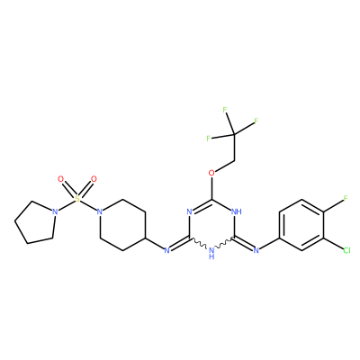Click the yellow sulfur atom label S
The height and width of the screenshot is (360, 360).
click(77, 199)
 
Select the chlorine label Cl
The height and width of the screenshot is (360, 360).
click(346, 250)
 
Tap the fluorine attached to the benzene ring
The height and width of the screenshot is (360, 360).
click(346, 198)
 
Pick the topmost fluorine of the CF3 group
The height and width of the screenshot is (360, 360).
click(225, 110)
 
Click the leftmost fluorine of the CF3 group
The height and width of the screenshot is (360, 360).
click(208, 139)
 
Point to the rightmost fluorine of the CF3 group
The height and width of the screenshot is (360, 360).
click(256, 121)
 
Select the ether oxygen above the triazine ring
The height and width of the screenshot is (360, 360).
click(211, 173)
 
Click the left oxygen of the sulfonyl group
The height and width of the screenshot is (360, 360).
click(61, 179)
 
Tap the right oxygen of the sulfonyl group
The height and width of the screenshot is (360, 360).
click(94, 179)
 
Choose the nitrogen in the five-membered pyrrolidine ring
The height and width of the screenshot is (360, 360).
click(55, 211)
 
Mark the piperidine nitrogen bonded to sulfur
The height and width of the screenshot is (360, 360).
click(100, 211)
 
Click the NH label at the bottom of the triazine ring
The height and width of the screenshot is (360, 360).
click(211, 253)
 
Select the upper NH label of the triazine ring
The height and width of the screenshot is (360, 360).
click(237, 211)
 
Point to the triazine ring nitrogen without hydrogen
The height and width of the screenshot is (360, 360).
click(189, 211)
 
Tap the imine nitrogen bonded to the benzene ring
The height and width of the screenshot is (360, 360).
click(256, 250)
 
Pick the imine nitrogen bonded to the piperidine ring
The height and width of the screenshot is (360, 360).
click(167, 250)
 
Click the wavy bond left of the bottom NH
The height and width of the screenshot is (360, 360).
click(198, 243)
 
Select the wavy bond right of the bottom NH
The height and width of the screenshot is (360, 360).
click(225, 243)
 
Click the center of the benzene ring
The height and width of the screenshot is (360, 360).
click(301, 224)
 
